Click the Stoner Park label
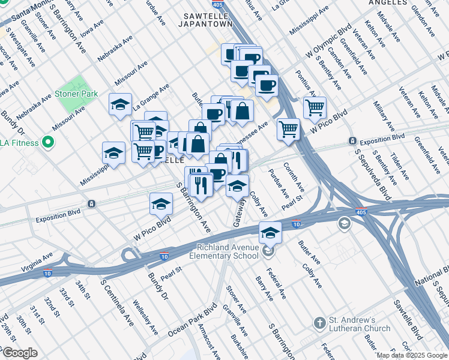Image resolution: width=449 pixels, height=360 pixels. click(76, 94)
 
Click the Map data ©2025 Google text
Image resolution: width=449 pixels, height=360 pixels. click(411, 355)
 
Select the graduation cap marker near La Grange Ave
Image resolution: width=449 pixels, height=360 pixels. click(121, 104)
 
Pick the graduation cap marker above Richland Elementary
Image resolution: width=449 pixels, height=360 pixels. click(271, 232)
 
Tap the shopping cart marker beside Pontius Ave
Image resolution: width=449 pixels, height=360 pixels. click(315, 109)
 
